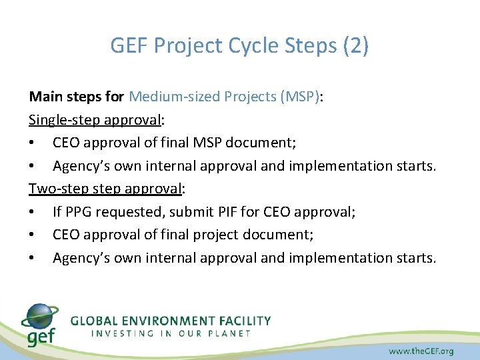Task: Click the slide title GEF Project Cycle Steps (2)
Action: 239,47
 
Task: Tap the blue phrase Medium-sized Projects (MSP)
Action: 225,97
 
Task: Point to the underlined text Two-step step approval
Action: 105,189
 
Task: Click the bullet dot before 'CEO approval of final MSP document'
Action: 33,143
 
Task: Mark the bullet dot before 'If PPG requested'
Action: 33,213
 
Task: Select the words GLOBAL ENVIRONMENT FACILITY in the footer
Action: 171,321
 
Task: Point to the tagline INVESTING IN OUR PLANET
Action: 171,333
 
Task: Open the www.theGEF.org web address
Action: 421,350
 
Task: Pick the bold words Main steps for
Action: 77,97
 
